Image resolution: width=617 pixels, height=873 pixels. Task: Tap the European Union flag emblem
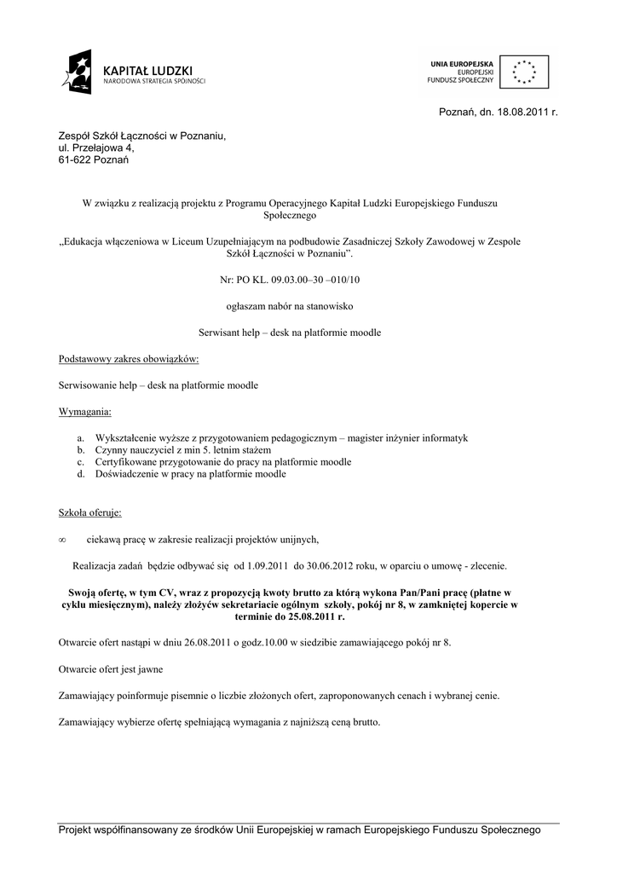point(523,72)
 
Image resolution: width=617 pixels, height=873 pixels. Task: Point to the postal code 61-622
point(76,159)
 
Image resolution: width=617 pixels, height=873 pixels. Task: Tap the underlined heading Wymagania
point(84,412)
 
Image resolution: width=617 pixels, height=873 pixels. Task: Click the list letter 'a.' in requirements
point(81,437)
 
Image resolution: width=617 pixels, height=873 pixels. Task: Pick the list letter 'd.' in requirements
point(81,474)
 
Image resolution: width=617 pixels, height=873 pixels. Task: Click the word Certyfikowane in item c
point(128,462)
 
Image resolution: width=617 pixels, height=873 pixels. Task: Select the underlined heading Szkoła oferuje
point(89,513)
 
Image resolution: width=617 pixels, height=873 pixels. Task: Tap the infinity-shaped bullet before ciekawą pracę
point(62,540)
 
